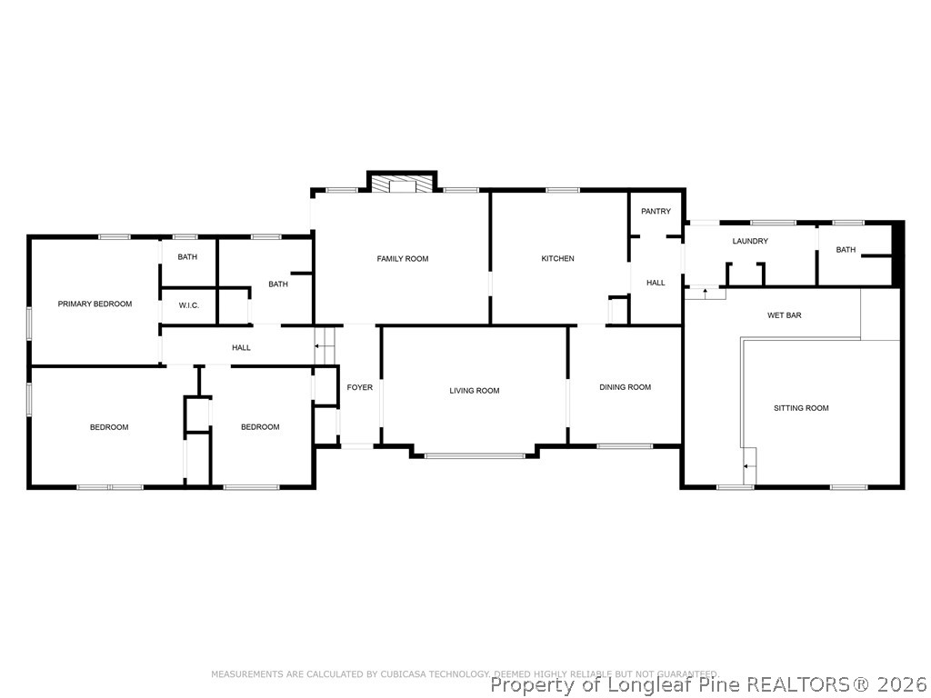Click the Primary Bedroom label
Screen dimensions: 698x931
click(x=95, y=304)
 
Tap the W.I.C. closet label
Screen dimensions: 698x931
click(x=188, y=305)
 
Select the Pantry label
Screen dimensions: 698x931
click(x=656, y=212)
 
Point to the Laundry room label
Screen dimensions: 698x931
click(x=750, y=241)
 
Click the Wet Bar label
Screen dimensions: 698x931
click(x=784, y=315)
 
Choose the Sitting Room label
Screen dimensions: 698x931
click(x=801, y=408)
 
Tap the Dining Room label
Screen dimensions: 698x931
click(x=625, y=387)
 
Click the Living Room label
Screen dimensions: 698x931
click(x=475, y=391)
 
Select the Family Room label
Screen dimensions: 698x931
click(x=403, y=259)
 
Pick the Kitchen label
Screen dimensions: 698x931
click(x=557, y=259)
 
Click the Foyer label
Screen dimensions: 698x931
click(x=359, y=387)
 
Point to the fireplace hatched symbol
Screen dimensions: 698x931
click(x=402, y=184)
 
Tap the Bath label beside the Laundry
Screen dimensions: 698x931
click(x=846, y=250)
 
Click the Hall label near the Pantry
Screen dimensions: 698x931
click(x=656, y=283)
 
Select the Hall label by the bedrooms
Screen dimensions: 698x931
click(x=241, y=347)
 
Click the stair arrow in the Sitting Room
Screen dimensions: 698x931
click(x=748, y=466)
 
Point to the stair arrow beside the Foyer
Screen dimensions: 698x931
click(x=319, y=346)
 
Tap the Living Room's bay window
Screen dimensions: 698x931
click(x=475, y=454)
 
